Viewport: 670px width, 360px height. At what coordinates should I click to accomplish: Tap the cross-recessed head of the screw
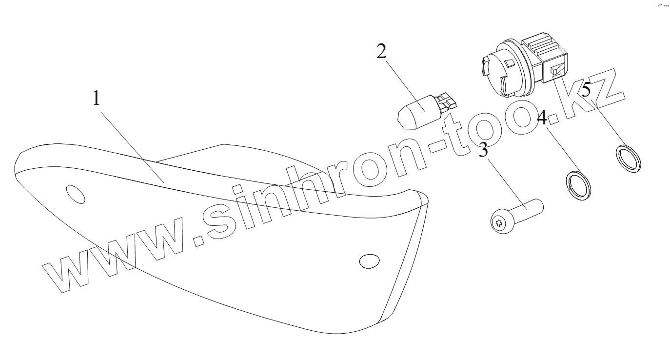tap(498, 224)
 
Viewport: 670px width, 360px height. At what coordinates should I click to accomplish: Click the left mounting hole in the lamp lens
tap(75, 194)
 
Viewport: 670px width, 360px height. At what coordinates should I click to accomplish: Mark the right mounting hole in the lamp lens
tap(369, 261)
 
